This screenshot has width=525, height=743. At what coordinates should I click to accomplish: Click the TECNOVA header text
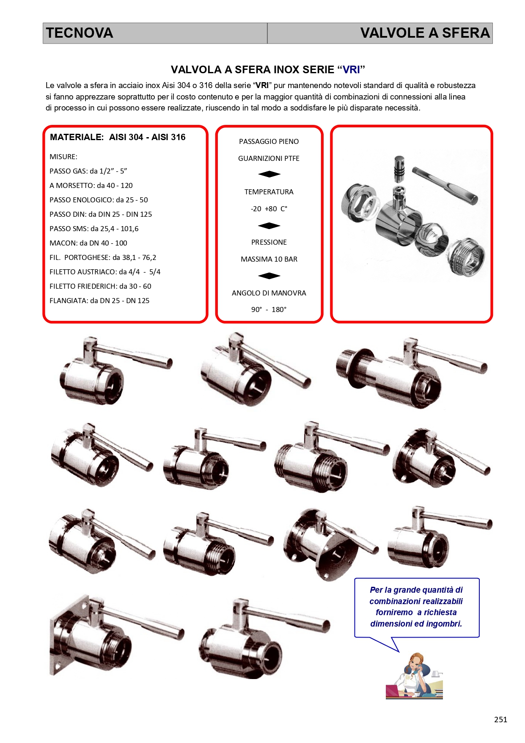point(80,33)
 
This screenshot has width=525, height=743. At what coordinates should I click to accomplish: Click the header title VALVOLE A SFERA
point(425,33)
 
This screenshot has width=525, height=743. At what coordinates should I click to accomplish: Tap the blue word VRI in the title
point(352,69)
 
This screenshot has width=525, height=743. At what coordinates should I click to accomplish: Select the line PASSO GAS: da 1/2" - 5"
point(88,171)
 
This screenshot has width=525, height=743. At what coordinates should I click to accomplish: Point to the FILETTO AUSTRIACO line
point(105,272)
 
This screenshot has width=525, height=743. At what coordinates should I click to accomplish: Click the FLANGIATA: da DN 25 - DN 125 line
point(99,301)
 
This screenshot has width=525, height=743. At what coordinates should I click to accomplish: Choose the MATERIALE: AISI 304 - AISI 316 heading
point(118,137)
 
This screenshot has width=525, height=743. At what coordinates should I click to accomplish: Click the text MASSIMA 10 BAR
point(269,259)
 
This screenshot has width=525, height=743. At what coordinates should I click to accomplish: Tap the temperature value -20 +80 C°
point(269,209)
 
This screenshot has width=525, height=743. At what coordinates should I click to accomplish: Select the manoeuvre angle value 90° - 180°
point(269,309)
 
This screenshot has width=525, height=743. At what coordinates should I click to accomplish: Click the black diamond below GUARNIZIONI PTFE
point(269,174)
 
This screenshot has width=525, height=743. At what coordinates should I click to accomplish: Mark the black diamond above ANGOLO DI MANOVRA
point(269,276)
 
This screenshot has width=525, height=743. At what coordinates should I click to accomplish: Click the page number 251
point(500,719)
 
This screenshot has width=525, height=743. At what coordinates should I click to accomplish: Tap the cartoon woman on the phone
point(414,676)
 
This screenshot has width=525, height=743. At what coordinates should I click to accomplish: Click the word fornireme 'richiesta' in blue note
point(440,612)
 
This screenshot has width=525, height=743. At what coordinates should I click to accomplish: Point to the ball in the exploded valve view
point(432,239)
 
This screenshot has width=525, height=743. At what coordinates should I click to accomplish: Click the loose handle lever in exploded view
point(445,185)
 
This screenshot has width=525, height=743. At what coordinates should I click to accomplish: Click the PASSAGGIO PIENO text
point(269,141)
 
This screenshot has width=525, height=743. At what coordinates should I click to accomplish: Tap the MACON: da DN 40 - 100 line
point(88,243)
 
